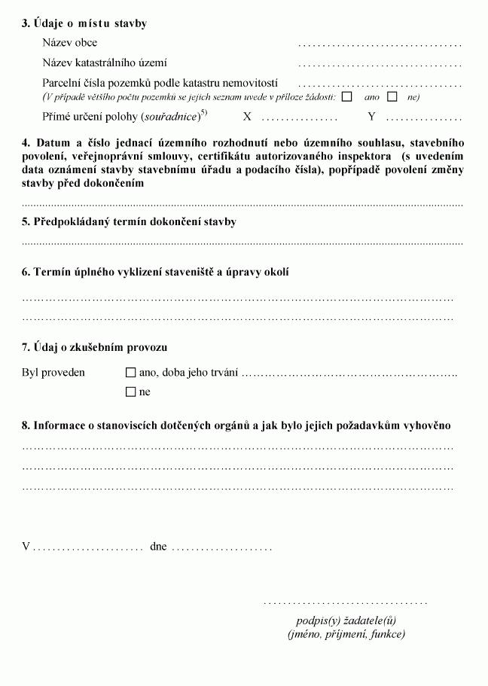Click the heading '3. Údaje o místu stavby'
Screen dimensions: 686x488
click(x=84, y=23)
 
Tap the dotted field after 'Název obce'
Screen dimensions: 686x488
click(x=380, y=44)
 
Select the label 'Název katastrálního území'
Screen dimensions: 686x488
click(x=105, y=63)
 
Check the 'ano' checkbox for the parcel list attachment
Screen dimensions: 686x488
click(x=346, y=96)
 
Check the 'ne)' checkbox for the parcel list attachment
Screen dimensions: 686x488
click(x=392, y=96)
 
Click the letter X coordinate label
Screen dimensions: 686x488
click(x=246, y=117)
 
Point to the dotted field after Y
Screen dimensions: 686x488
click(x=423, y=118)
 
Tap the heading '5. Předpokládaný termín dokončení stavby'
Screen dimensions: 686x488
click(x=129, y=222)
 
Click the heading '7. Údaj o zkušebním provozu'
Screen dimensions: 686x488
click(x=94, y=347)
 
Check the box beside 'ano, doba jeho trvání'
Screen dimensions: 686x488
click(x=131, y=372)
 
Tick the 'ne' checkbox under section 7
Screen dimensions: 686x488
click(x=131, y=392)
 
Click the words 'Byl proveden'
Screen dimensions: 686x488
click(x=53, y=372)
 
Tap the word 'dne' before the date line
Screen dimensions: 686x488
click(x=158, y=547)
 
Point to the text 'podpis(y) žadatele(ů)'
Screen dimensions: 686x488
click(x=346, y=620)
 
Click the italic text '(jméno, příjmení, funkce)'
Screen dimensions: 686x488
click(x=346, y=634)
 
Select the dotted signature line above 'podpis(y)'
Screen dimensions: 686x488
click(x=346, y=602)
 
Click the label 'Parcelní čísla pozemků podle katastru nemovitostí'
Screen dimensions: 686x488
click(x=160, y=83)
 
